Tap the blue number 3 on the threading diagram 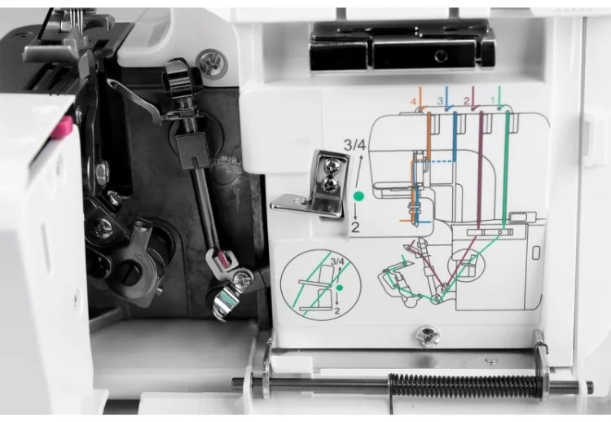pyautogui.click(x=440, y=101)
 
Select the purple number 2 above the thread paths pyautogui.click(x=467, y=101)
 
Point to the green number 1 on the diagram pyautogui.click(x=493, y=100)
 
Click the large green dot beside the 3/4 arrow pyautogui.click(x=358, y=196)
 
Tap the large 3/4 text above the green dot pyautogui.click(x=354, y=145)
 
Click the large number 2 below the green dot pyautogui.click(x=355, y=227)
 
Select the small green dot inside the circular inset pyautogui.click(x=340, y=288)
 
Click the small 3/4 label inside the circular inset pyautogui.click(x=337, y=262)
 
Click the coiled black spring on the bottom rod pyautogui.click(x=465, y=386)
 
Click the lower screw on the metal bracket pyautogui.click(x=331, y=183)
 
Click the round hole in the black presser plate pyautogui.click(x=441, y=56)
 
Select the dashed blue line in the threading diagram pyautogui.click(x=442, y=160)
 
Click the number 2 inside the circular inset pyautogui.click(x=336, y=310)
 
